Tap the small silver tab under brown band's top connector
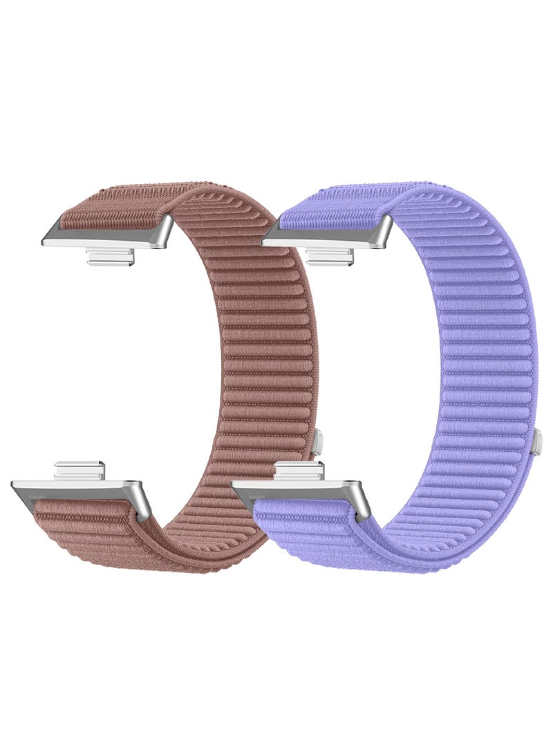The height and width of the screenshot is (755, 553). (x=110, y=257)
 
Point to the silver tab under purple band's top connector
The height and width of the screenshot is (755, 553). (x=330, y=257)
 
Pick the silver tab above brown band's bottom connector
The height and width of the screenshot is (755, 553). (x=79, y=472)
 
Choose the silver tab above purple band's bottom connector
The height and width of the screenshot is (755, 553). (x=299, y=472)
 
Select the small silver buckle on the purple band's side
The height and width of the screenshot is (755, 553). (x=536, y=442)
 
